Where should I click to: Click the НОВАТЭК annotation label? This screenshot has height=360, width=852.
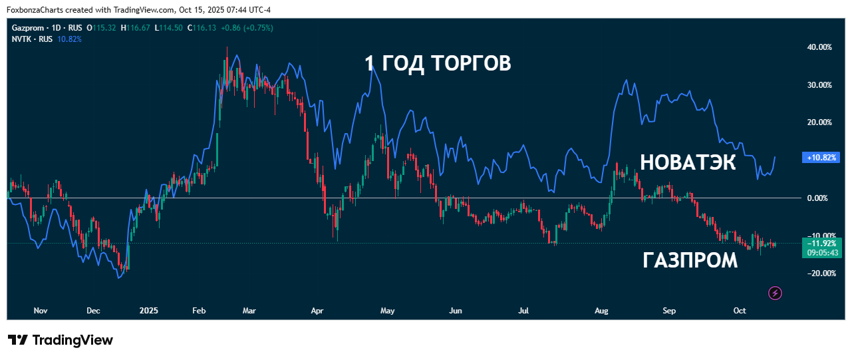coord(688,162)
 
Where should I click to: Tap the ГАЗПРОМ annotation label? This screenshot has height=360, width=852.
coord(690,261)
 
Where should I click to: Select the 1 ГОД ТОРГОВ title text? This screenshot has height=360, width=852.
coord(438,64)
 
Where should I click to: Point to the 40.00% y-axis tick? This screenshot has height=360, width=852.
coord(819,47)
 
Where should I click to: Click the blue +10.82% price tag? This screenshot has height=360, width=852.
coord(823,158)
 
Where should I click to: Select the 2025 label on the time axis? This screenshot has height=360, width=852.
coord(149,311)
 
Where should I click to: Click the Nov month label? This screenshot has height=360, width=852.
coord(41,311)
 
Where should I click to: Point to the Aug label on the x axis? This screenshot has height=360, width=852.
coord(602,311)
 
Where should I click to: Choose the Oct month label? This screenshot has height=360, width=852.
coord(739,311)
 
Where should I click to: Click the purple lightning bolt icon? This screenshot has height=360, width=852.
coord(774,293)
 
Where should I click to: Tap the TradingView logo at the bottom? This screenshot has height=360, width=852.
coord(61,340)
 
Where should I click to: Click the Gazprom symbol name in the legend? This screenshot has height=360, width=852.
coord(28,27)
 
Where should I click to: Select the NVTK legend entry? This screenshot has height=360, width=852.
coord(23,39)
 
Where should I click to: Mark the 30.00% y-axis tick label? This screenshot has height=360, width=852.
coord(819,85)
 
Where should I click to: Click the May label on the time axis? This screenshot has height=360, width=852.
coord(387,311)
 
